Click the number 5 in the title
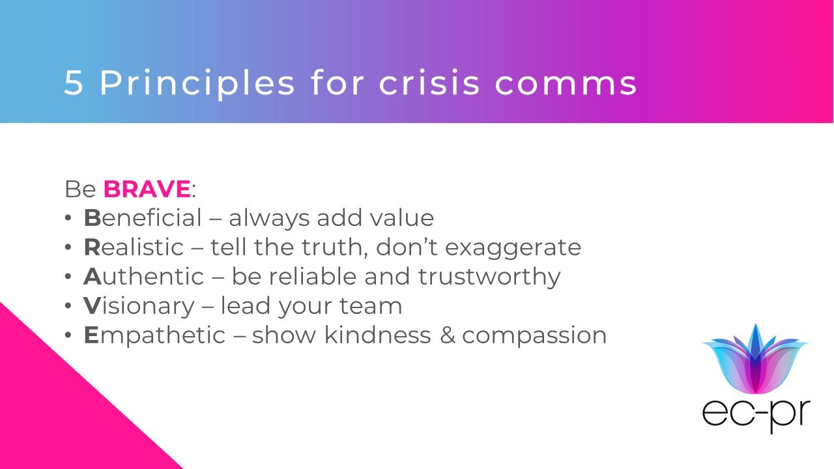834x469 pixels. point(74,83)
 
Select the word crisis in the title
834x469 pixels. point(429,82)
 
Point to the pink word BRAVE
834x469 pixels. point(147,189)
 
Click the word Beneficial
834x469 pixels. point(143,218)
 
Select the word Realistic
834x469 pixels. point(134,247)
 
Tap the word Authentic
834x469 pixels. point(144,276)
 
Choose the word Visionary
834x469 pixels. point(139,307)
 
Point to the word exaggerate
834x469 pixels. point(513,249)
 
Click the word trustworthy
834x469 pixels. point(489,277)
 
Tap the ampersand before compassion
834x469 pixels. point(448,335)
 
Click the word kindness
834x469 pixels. point(377,334)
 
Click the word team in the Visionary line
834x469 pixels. point(371,306)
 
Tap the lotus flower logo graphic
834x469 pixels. point(755,359)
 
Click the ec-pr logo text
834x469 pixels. point(756,416)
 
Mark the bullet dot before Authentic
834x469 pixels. point(68,277)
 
